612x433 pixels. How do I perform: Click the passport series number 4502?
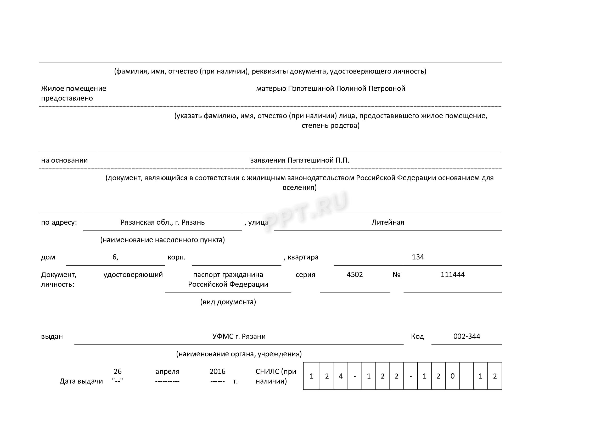(x=355, y=275)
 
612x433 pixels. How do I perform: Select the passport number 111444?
(x=452, y=275)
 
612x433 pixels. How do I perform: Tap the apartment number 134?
(x=418, y=257)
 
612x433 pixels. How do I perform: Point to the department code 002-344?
(x=467, y=336)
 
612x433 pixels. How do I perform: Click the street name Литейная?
(x=388, y=222)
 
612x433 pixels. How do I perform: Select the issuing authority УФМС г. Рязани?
(x=239, y=336)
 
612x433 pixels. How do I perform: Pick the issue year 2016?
(x=217, y=371)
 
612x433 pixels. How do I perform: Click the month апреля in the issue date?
(x=167, y=371)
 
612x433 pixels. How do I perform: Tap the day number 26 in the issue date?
(x=117, y=371)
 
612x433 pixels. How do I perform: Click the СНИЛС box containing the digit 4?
(x=341, y=376)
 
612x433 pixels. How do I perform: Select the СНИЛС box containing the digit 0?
(x=452, y=376)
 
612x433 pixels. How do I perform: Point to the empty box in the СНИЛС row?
(x=467, y=376)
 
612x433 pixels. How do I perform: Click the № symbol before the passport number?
(x=396, y=275)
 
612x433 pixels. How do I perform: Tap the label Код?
(x=417, y=336)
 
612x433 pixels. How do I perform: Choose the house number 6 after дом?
(x=115, y=257)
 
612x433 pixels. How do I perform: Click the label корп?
(x=176, y=257)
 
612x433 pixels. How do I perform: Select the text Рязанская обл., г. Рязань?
(x=162, y=222)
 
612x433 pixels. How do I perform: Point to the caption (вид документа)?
(x=228, y=302)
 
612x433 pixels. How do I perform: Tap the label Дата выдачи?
(x=81, y=381)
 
